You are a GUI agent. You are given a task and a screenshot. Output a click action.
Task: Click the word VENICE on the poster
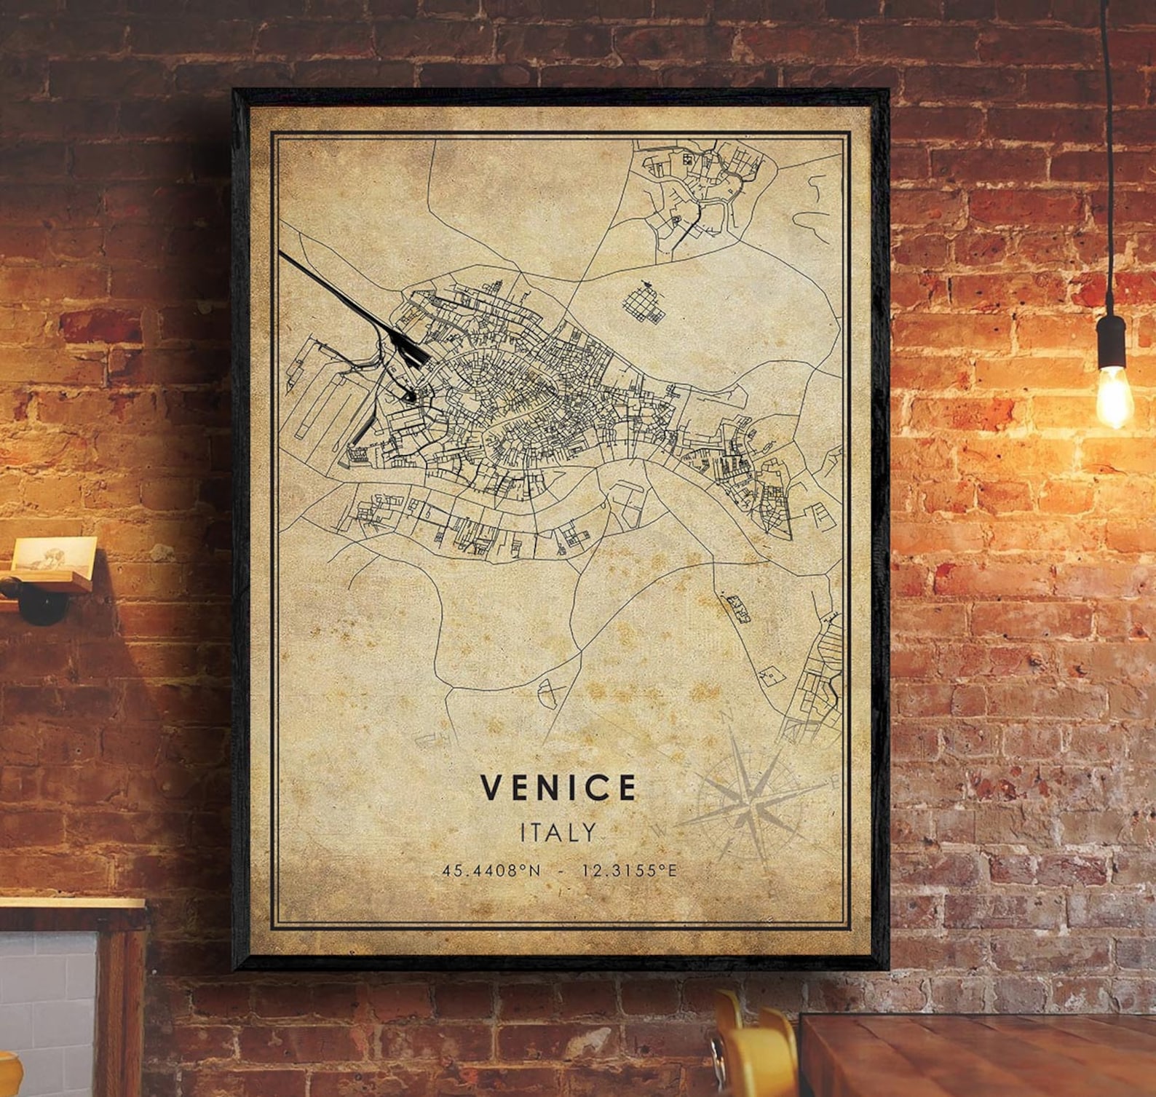(x=558, y=787)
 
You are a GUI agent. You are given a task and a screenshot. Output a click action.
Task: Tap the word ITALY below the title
(x=558, y=832)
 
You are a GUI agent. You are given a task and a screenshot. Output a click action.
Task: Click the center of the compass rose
(x=749, y=805)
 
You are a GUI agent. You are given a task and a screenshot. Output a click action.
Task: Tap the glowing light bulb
(x=1114, y=396)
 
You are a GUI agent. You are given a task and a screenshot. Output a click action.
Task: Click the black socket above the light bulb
(x=1111, y=341)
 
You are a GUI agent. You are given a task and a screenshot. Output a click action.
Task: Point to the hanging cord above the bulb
(x=1106, y=146)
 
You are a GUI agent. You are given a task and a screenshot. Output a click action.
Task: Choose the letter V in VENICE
(x=491, y=787)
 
